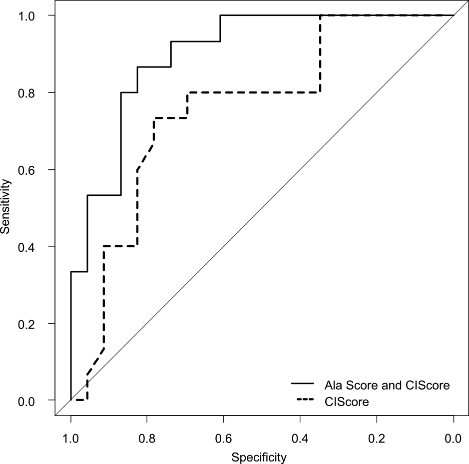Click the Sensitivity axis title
6,207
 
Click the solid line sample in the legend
302,384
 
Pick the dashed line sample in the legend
302,401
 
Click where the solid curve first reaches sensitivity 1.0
220,15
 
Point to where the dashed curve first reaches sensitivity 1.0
320,15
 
